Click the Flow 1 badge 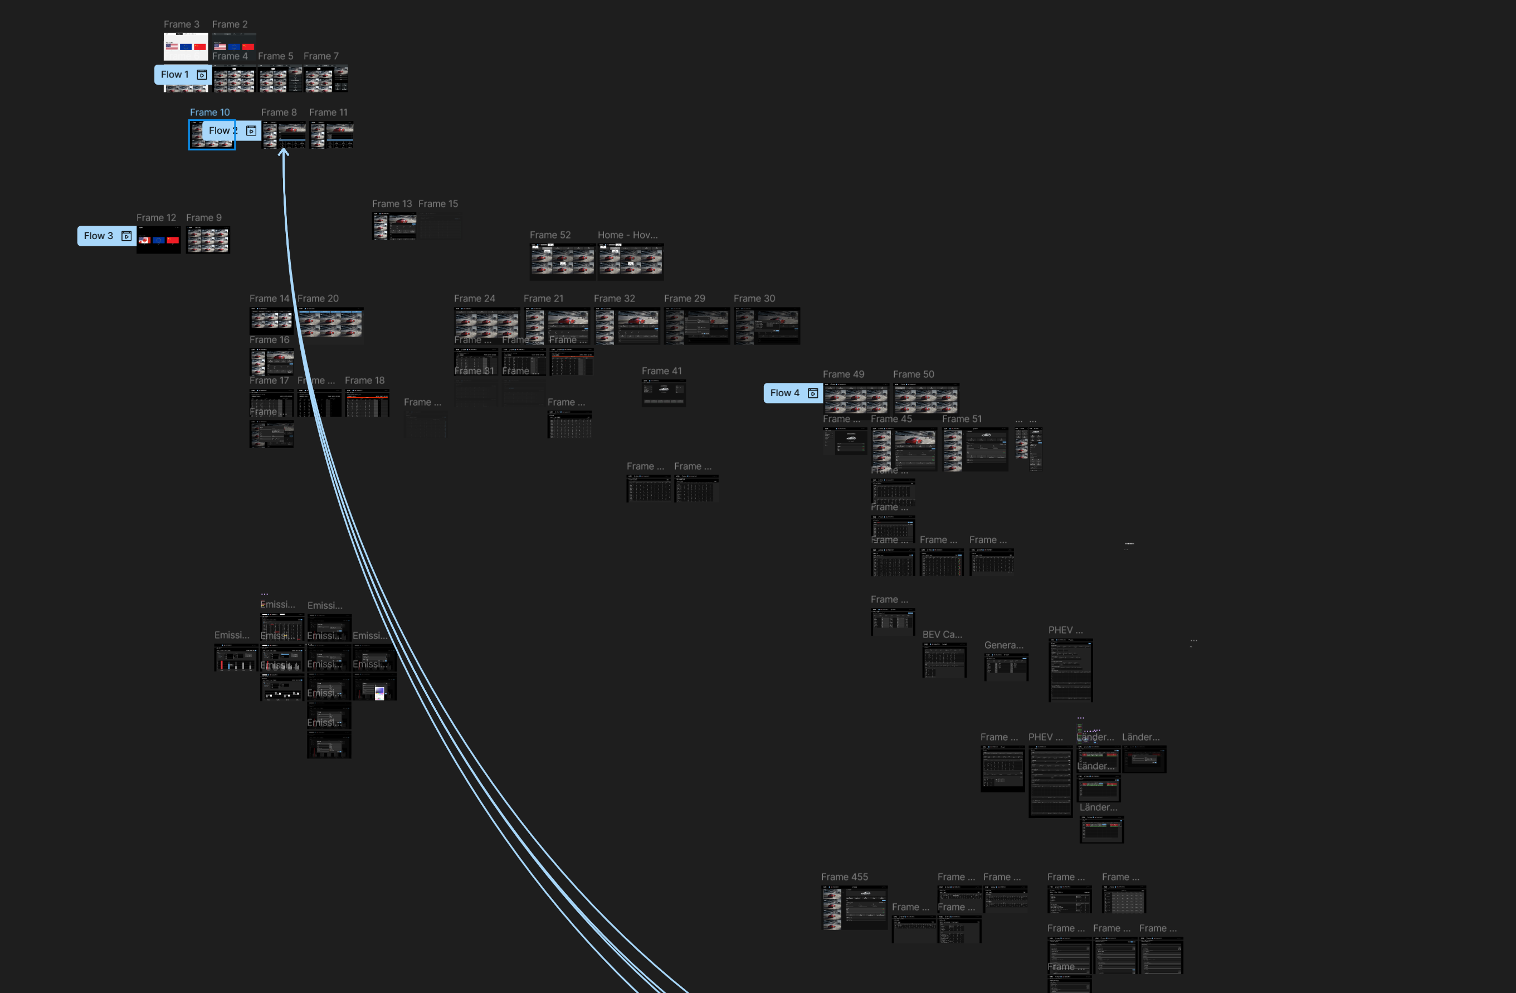[174, 75]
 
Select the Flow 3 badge [98, 236]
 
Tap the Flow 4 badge [785, 393]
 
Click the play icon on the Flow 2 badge [251, 130]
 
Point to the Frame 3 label [182, 24]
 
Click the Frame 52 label [550, 235]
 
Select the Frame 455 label [844, 877]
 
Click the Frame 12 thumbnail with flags [159, 240]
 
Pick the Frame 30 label [754, 298]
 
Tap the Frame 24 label [474, 298]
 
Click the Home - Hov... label [627, 235]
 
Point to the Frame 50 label [913, 374]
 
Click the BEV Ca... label [942, 634]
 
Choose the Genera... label [1003, 645]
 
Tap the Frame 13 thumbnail [394, 226]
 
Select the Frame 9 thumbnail [208, 240]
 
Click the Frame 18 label [364, 380]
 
